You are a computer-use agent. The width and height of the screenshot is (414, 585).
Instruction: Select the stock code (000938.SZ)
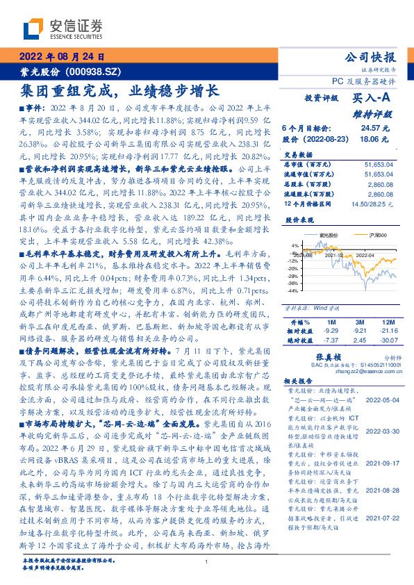[94, 72]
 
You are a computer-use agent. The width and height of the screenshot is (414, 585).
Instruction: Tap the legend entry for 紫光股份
[329, 236]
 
